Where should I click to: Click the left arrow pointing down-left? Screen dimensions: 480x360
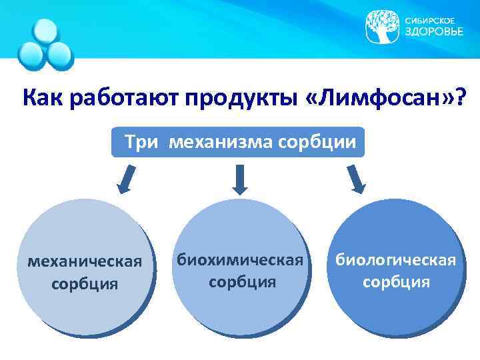coord(125,179)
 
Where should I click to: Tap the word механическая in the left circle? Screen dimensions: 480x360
coord(85,261)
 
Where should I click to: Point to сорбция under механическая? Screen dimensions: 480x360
coord(85,284)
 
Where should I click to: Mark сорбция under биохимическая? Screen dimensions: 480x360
coord(241,281)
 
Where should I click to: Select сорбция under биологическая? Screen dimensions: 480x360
coord(396,282)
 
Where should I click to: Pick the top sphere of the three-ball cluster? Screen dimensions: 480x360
coord(46,31)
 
